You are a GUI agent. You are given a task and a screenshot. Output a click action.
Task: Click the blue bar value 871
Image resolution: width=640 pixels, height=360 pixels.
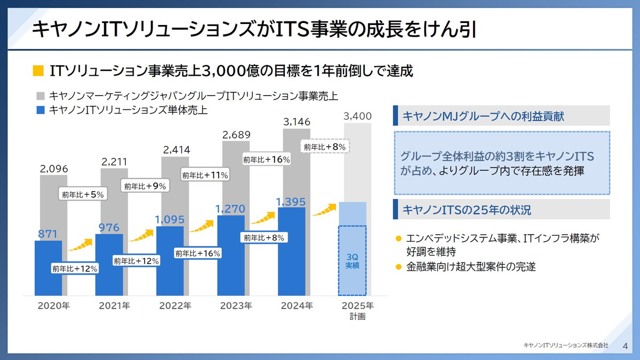click(x=47, y=234)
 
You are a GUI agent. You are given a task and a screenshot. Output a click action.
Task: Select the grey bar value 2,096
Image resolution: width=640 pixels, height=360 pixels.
click(x=54, y=169)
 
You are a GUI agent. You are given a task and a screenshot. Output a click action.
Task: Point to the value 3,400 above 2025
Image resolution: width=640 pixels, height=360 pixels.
click(x=357, y=116)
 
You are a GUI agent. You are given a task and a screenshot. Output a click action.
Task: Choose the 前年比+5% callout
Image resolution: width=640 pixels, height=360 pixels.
click(x=83, y=195)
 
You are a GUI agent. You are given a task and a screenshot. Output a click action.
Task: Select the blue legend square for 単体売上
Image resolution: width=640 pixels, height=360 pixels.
click(x=41, y=110)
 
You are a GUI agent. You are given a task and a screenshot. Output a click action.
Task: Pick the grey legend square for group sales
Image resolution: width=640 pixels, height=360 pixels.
click(x=41, y=96)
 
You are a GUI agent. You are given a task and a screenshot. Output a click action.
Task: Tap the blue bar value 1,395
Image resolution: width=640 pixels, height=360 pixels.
click(x=291, y=201)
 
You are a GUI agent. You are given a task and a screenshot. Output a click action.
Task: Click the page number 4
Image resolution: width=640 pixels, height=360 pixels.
click(x=625, y=346)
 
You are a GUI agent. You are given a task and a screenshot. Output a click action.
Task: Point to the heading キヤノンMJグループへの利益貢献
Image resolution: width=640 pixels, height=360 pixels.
click(x=483, y=116)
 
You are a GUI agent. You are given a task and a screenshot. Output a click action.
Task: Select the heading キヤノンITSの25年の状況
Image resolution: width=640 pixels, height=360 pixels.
click(x=467, y=210)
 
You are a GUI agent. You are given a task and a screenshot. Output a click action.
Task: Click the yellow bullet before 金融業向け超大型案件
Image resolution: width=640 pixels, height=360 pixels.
click(x=398, y=267)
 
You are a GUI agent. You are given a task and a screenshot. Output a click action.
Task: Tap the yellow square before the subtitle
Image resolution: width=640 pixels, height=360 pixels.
click(x=38, y=71)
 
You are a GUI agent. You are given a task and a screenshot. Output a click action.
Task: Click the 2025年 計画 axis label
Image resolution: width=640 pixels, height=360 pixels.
click(x=358, y=311)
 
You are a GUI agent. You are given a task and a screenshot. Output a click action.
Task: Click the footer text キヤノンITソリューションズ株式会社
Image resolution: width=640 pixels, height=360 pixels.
click(x=565, y=346)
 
